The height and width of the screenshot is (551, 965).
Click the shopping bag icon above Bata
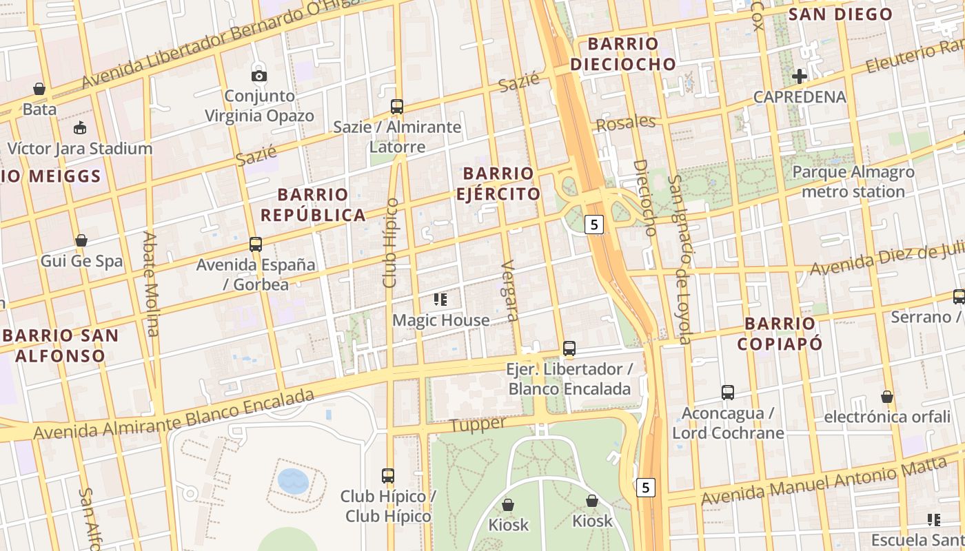[x=39, y=89]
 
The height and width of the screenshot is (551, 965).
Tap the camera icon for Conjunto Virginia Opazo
[x=259, y=76]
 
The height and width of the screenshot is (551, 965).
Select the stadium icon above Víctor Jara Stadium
[x=80, y=128]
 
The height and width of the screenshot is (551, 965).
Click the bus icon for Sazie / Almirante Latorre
[x=397, y=107]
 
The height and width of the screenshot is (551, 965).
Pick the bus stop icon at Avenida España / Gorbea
[x=256, y=244]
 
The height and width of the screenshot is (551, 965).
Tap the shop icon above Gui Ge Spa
[x=81, y=240]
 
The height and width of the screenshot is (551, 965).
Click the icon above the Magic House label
[x=440, y=299]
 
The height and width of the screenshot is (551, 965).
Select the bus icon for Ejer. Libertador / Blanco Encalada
[x=569, y=349]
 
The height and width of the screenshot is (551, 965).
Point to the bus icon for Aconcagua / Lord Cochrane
[x=728, y=393]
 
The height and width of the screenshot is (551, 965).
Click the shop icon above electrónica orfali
[x=887, y=397]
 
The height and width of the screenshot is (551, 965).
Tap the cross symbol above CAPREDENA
[x=800, y=76]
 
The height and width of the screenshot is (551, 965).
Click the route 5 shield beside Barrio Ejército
[x=594, y=224]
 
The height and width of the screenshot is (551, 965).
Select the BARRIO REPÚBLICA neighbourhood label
[x=313, y=205]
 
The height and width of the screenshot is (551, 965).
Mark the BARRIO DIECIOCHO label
[x=623, y=54]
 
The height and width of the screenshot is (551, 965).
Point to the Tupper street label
[x=478, y=424]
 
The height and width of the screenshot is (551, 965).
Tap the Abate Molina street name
[x=150, y=284]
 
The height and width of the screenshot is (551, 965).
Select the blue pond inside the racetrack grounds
[x=294, y=481]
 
